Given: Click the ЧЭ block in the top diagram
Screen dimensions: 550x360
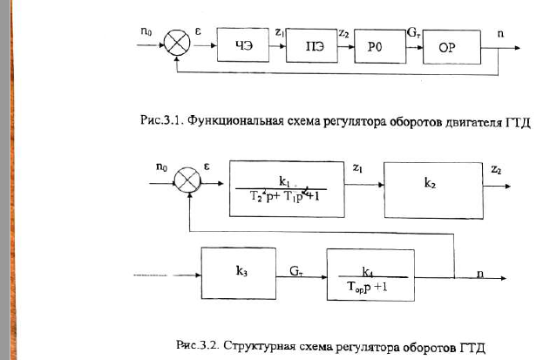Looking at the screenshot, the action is (x=243, y=45).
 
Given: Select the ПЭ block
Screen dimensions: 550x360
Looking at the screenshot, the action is (x=312, y=45).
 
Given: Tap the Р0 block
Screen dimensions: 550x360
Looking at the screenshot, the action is (x=380, y=46).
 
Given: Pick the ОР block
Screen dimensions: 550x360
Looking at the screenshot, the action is (x=452, y=47).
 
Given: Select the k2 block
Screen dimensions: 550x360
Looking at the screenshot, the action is (x=433, y=191).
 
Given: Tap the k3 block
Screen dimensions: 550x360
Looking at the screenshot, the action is (x=239, y=274).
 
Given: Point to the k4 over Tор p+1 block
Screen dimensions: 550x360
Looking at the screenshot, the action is (x=370, y=275).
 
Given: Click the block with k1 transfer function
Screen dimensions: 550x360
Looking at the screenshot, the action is (x=287, y=189).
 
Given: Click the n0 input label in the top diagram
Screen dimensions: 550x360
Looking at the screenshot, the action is (x=146, y=31).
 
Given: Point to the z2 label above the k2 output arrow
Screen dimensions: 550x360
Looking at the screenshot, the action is (x=496, y=169).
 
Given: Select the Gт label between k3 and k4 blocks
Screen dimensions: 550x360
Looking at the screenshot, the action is (x=296, y=270).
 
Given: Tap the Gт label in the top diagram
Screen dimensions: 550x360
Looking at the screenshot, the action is (x=413, y=32).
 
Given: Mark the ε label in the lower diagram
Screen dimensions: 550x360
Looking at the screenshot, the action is (x=207, y=166).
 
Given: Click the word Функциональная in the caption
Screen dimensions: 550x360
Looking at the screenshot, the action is (x=235, y=120).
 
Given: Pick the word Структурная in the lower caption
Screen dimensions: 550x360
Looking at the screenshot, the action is (x=259, y=345).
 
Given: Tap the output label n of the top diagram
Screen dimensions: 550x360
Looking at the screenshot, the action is (x=501, y=34).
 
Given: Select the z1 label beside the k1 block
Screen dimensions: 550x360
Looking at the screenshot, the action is (x=357, y=167).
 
